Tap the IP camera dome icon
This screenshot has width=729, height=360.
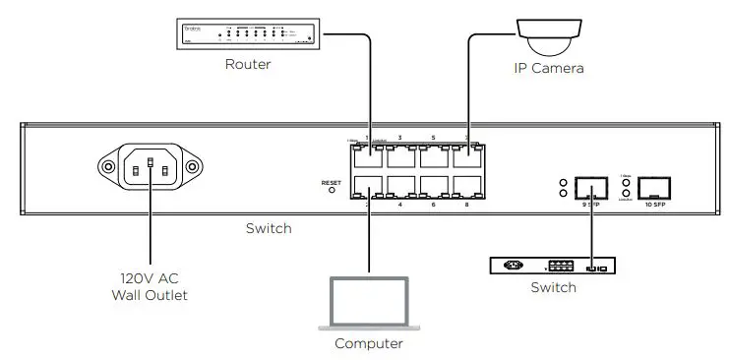pos(548,37)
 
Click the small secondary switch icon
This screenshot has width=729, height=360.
pos(553,265)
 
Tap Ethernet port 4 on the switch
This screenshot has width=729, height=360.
pos(400,187)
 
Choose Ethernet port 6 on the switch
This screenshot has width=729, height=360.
pos(434,187)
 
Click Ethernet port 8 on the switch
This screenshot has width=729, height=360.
pos(466,187)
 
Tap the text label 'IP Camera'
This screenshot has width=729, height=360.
pos(549,69)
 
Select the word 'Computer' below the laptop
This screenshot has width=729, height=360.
pos(369,343)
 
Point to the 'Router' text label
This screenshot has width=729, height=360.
pos(248,65)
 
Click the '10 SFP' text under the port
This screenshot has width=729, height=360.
pos(654,206)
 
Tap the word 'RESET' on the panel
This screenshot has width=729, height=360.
pos(331,181)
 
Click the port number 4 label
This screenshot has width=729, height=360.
pos(399,205)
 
